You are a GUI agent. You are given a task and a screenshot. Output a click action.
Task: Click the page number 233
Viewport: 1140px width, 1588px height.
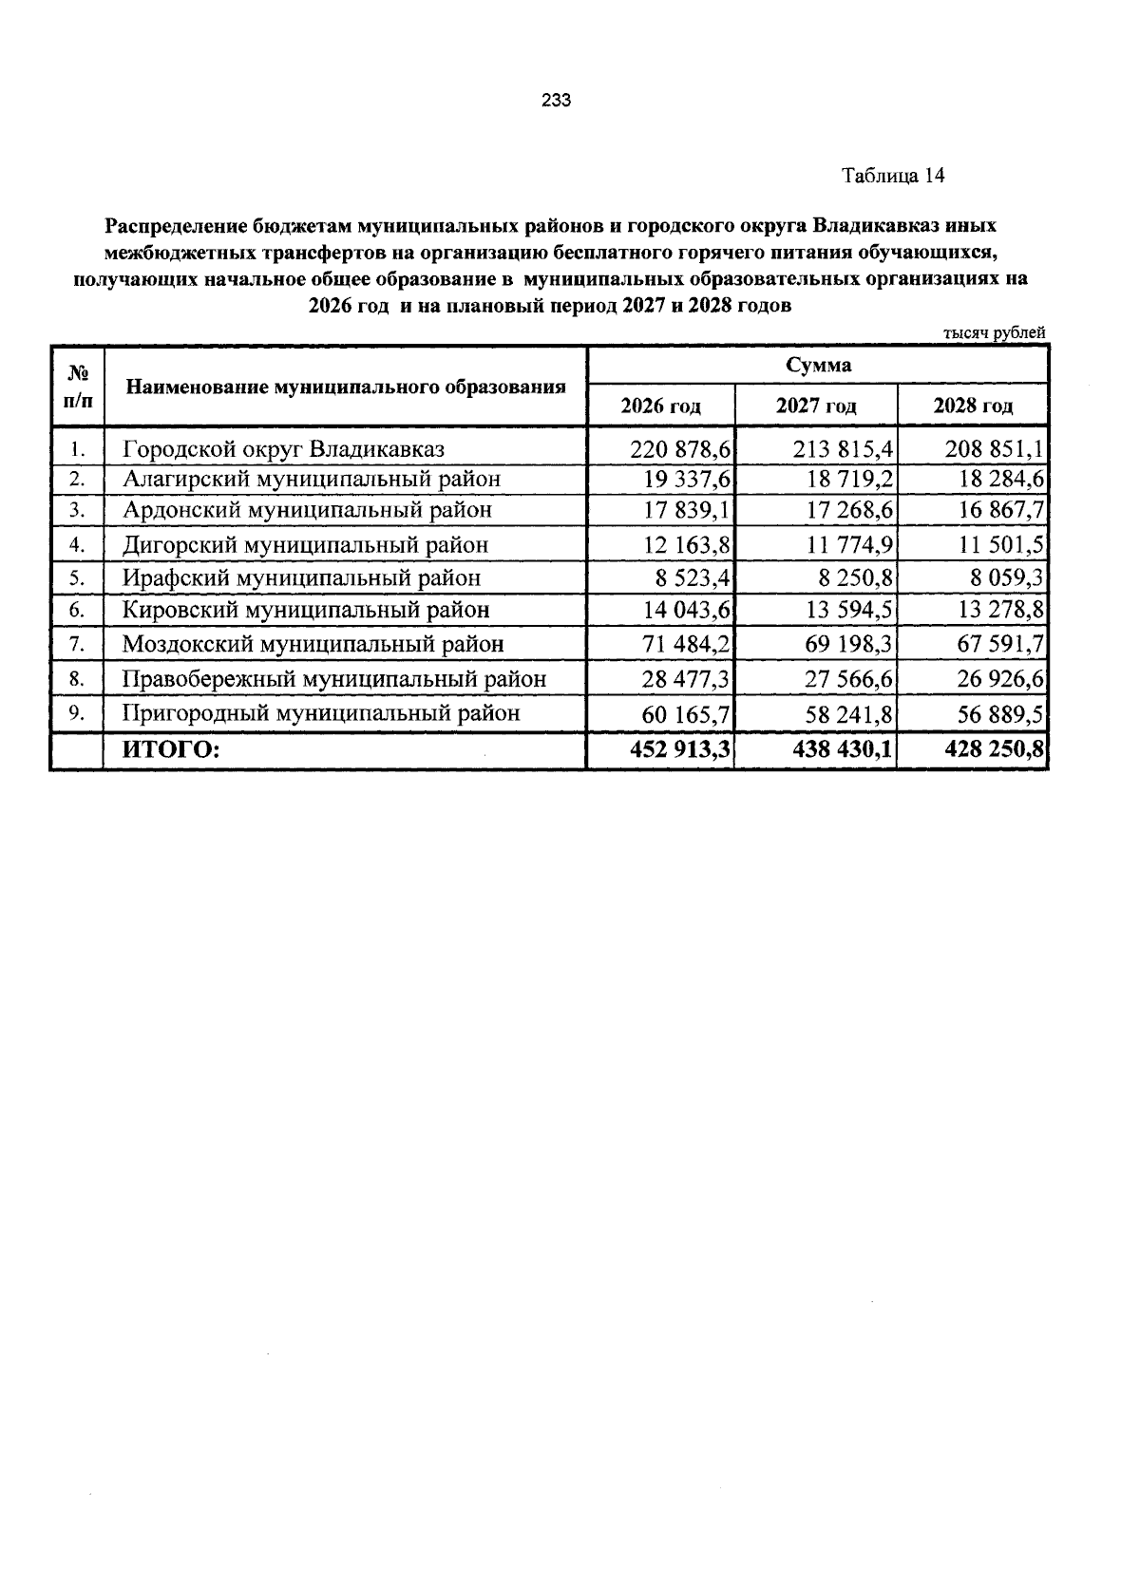tap(556, 102)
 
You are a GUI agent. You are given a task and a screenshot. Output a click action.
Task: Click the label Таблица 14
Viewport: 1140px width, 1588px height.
tap(892, 176)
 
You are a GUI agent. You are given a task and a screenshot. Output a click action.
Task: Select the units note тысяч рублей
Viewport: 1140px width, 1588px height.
tap(994, 333)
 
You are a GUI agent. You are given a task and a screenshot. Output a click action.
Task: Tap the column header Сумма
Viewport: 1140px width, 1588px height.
tap(818, 366)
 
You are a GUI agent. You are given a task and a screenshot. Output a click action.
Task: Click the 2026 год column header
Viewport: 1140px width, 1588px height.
tap(660, 406)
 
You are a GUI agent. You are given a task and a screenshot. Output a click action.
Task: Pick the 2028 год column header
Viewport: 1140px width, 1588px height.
tap(973, 406)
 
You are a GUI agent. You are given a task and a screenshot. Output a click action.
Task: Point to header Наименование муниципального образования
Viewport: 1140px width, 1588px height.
tap(346, 387)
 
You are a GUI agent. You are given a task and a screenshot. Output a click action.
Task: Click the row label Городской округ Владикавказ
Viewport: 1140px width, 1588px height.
tap(283, 449)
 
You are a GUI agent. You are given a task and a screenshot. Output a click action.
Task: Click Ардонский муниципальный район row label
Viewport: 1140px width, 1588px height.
tap(307, 511)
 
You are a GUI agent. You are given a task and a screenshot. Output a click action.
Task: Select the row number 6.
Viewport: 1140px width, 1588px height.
tap(78, 610)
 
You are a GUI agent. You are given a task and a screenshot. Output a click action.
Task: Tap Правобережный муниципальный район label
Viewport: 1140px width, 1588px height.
tap(333, 679)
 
